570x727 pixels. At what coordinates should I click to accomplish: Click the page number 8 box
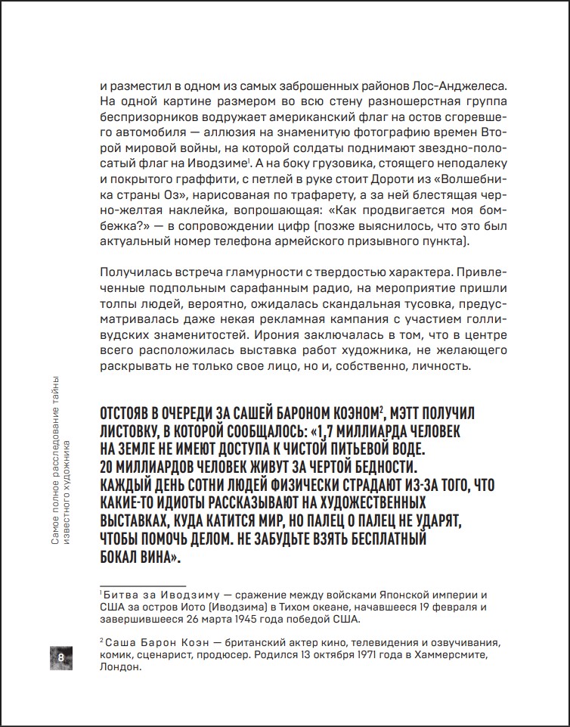pos(61,657)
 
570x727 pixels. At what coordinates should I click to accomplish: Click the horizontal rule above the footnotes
pos(141,586)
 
